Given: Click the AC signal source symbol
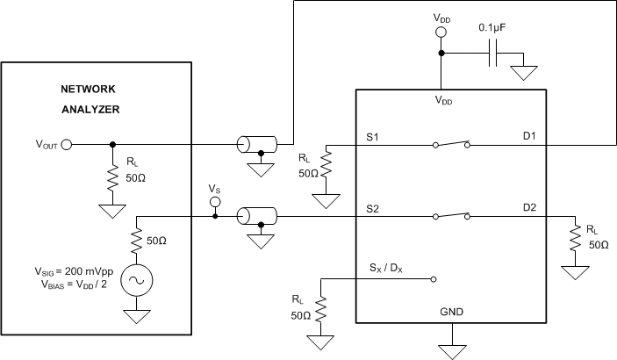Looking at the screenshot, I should tap(137, 278).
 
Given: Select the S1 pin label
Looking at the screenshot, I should tap(373, 137).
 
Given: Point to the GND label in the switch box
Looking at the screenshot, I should tap(453, 311).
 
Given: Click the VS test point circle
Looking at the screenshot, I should tap(214, 203).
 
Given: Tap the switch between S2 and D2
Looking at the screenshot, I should tap(452, 213).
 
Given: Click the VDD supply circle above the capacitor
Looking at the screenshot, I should tap(441, 32).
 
